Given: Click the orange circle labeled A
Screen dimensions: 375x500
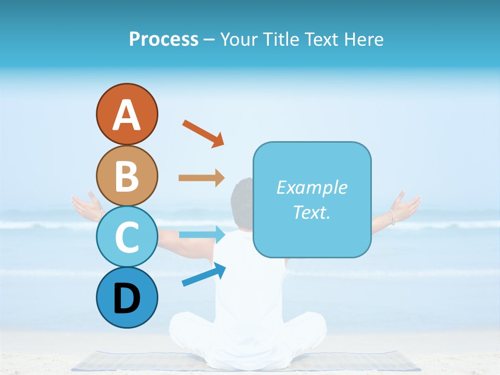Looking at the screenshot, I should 127,114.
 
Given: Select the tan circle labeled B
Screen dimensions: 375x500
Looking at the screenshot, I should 127,176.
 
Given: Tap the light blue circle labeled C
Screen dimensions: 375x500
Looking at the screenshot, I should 127,237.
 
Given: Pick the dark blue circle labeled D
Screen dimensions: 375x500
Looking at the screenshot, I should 127,298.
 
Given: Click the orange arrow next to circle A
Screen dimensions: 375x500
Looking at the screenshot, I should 203,133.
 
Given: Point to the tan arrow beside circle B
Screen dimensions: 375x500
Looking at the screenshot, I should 202,178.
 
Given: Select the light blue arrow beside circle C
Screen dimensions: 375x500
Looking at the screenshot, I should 202,234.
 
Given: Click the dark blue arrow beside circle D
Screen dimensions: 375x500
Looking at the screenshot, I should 204,275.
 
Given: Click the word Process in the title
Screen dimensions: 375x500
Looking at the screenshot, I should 164,39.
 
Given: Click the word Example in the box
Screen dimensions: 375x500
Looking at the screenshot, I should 311,187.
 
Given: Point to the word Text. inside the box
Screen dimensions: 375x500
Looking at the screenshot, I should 311,213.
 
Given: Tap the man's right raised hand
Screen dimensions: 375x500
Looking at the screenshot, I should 405,206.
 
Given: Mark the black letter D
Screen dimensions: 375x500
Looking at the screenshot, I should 127,298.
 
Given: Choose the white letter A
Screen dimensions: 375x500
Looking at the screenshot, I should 127,115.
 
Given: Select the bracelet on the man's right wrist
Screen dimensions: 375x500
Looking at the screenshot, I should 392,217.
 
